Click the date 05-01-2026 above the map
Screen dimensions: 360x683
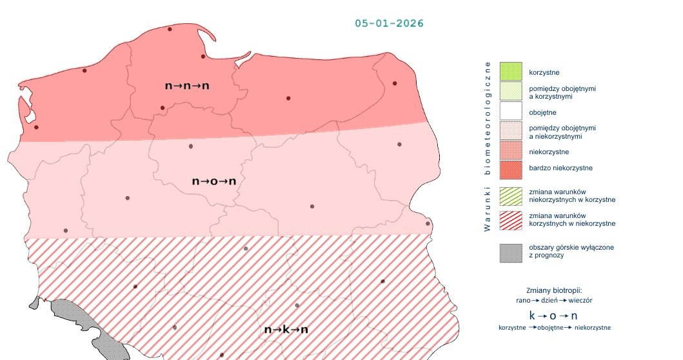[x=389, y=23]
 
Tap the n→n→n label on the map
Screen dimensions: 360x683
[x=188, y=85]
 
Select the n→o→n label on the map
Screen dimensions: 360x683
[x=214, y=181]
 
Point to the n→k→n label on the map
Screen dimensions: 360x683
[x=286, y=330]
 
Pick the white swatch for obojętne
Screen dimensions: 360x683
[x=511, y=112]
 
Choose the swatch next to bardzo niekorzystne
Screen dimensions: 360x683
[x=511, y=170]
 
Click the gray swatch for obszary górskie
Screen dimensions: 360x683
[x=511, y=252]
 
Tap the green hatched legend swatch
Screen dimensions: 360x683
[x=511, y=195]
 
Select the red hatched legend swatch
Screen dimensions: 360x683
[x=511, y=219]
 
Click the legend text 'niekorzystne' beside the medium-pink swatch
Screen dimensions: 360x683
[x=549, y=152]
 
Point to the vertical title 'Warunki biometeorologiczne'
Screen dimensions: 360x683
[x=488, y=146]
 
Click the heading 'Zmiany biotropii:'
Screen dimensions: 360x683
[x=554, y=290]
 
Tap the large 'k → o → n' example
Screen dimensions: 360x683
[x=554, y=315]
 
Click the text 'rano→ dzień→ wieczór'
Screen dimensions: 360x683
[x=554, y=300]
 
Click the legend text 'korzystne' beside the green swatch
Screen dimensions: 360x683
[x=543, y=71]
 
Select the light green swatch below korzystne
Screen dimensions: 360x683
[x=511, y=91]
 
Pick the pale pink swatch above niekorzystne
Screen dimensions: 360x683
[x=511, y=132]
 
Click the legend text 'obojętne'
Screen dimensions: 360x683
[x=542, y=112]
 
